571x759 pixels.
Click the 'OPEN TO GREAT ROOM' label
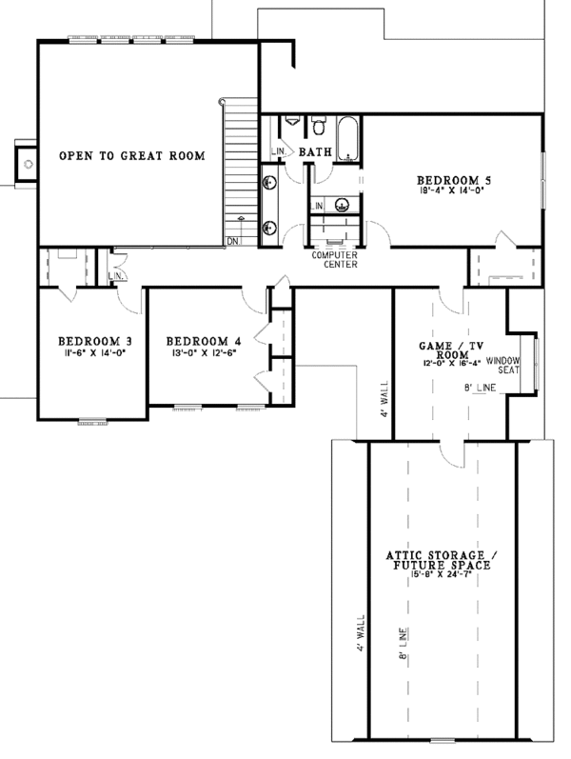[x=131, y=156]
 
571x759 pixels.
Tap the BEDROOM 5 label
[x=454, y=179]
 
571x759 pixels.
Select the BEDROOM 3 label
[x=94, y=340]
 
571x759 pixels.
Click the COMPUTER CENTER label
[x=334, y=260]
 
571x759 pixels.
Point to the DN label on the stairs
[x=233, y=241]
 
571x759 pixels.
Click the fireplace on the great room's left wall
[x=27, y=164]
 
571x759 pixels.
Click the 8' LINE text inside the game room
[x=482, y=388]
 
